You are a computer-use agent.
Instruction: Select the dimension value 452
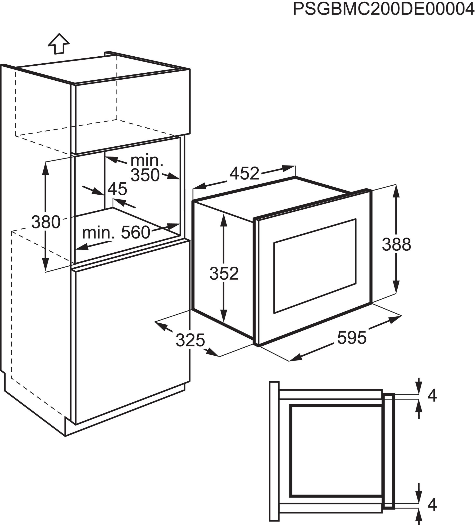click(244, 173)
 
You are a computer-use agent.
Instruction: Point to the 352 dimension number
click(224, 273)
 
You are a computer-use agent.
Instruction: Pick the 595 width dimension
click(352, 338)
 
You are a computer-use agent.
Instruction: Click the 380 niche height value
click(46, 222)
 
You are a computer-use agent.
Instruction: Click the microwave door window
click(315, 266)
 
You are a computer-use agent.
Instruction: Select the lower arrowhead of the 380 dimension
click(45, 264)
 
